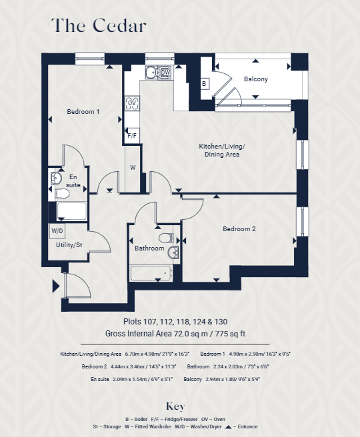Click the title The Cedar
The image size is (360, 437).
click(99, 26)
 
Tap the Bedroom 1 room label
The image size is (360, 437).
click(83, 112)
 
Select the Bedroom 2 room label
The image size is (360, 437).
click(239, 229)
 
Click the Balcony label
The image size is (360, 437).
click(255, 79)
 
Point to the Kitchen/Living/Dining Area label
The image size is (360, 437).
click(222, 151)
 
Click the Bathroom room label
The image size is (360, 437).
click(149, 248)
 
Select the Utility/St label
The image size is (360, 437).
click(69, 246)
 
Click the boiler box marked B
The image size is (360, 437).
click(205, 84)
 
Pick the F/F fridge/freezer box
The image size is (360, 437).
click(132, 136)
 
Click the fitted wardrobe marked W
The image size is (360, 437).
click(133, 167)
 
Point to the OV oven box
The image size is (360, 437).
click(165, 71)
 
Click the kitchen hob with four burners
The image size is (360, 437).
click(132, 103)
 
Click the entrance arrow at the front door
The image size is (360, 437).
click(55, 288)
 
